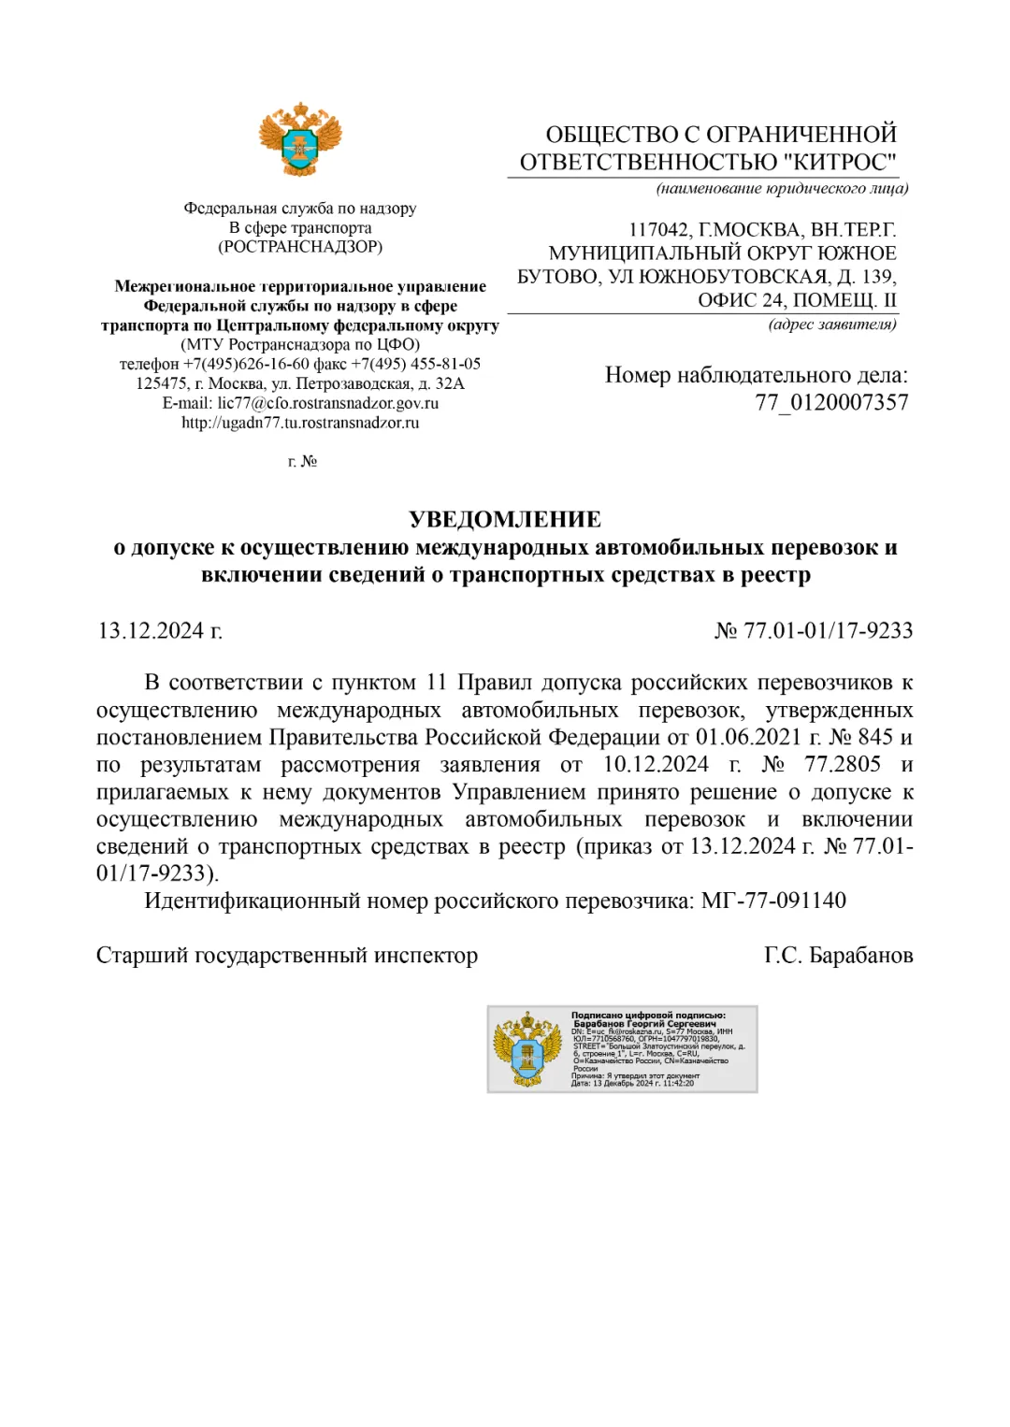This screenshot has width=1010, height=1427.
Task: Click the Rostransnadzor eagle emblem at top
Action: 300,139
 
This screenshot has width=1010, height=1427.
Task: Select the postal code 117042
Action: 660,230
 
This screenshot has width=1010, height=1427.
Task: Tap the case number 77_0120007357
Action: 831,403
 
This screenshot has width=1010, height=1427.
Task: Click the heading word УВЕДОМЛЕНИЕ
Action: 505,520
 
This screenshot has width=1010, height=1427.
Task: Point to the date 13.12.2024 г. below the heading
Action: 160,631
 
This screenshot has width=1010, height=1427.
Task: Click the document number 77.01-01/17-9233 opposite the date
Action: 828,631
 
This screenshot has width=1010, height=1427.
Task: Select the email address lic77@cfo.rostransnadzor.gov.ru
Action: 328,403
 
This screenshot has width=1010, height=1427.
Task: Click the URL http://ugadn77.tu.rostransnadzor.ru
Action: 300,423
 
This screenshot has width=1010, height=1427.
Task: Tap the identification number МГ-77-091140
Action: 773,901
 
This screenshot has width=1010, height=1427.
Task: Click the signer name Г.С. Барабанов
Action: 838,956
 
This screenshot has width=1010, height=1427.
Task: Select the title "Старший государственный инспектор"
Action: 287,956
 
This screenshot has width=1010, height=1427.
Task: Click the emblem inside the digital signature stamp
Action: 527,1048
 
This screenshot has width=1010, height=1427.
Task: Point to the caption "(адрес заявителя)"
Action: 832,324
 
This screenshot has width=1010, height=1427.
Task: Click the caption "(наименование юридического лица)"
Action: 782,189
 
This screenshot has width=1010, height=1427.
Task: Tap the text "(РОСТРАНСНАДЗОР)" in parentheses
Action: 300,247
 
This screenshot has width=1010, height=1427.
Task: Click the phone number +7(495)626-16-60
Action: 246,364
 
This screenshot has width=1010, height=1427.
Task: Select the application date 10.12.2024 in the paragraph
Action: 656,765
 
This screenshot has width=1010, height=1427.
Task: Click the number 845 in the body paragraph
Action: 875,738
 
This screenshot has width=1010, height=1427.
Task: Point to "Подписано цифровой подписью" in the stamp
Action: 648,1015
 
